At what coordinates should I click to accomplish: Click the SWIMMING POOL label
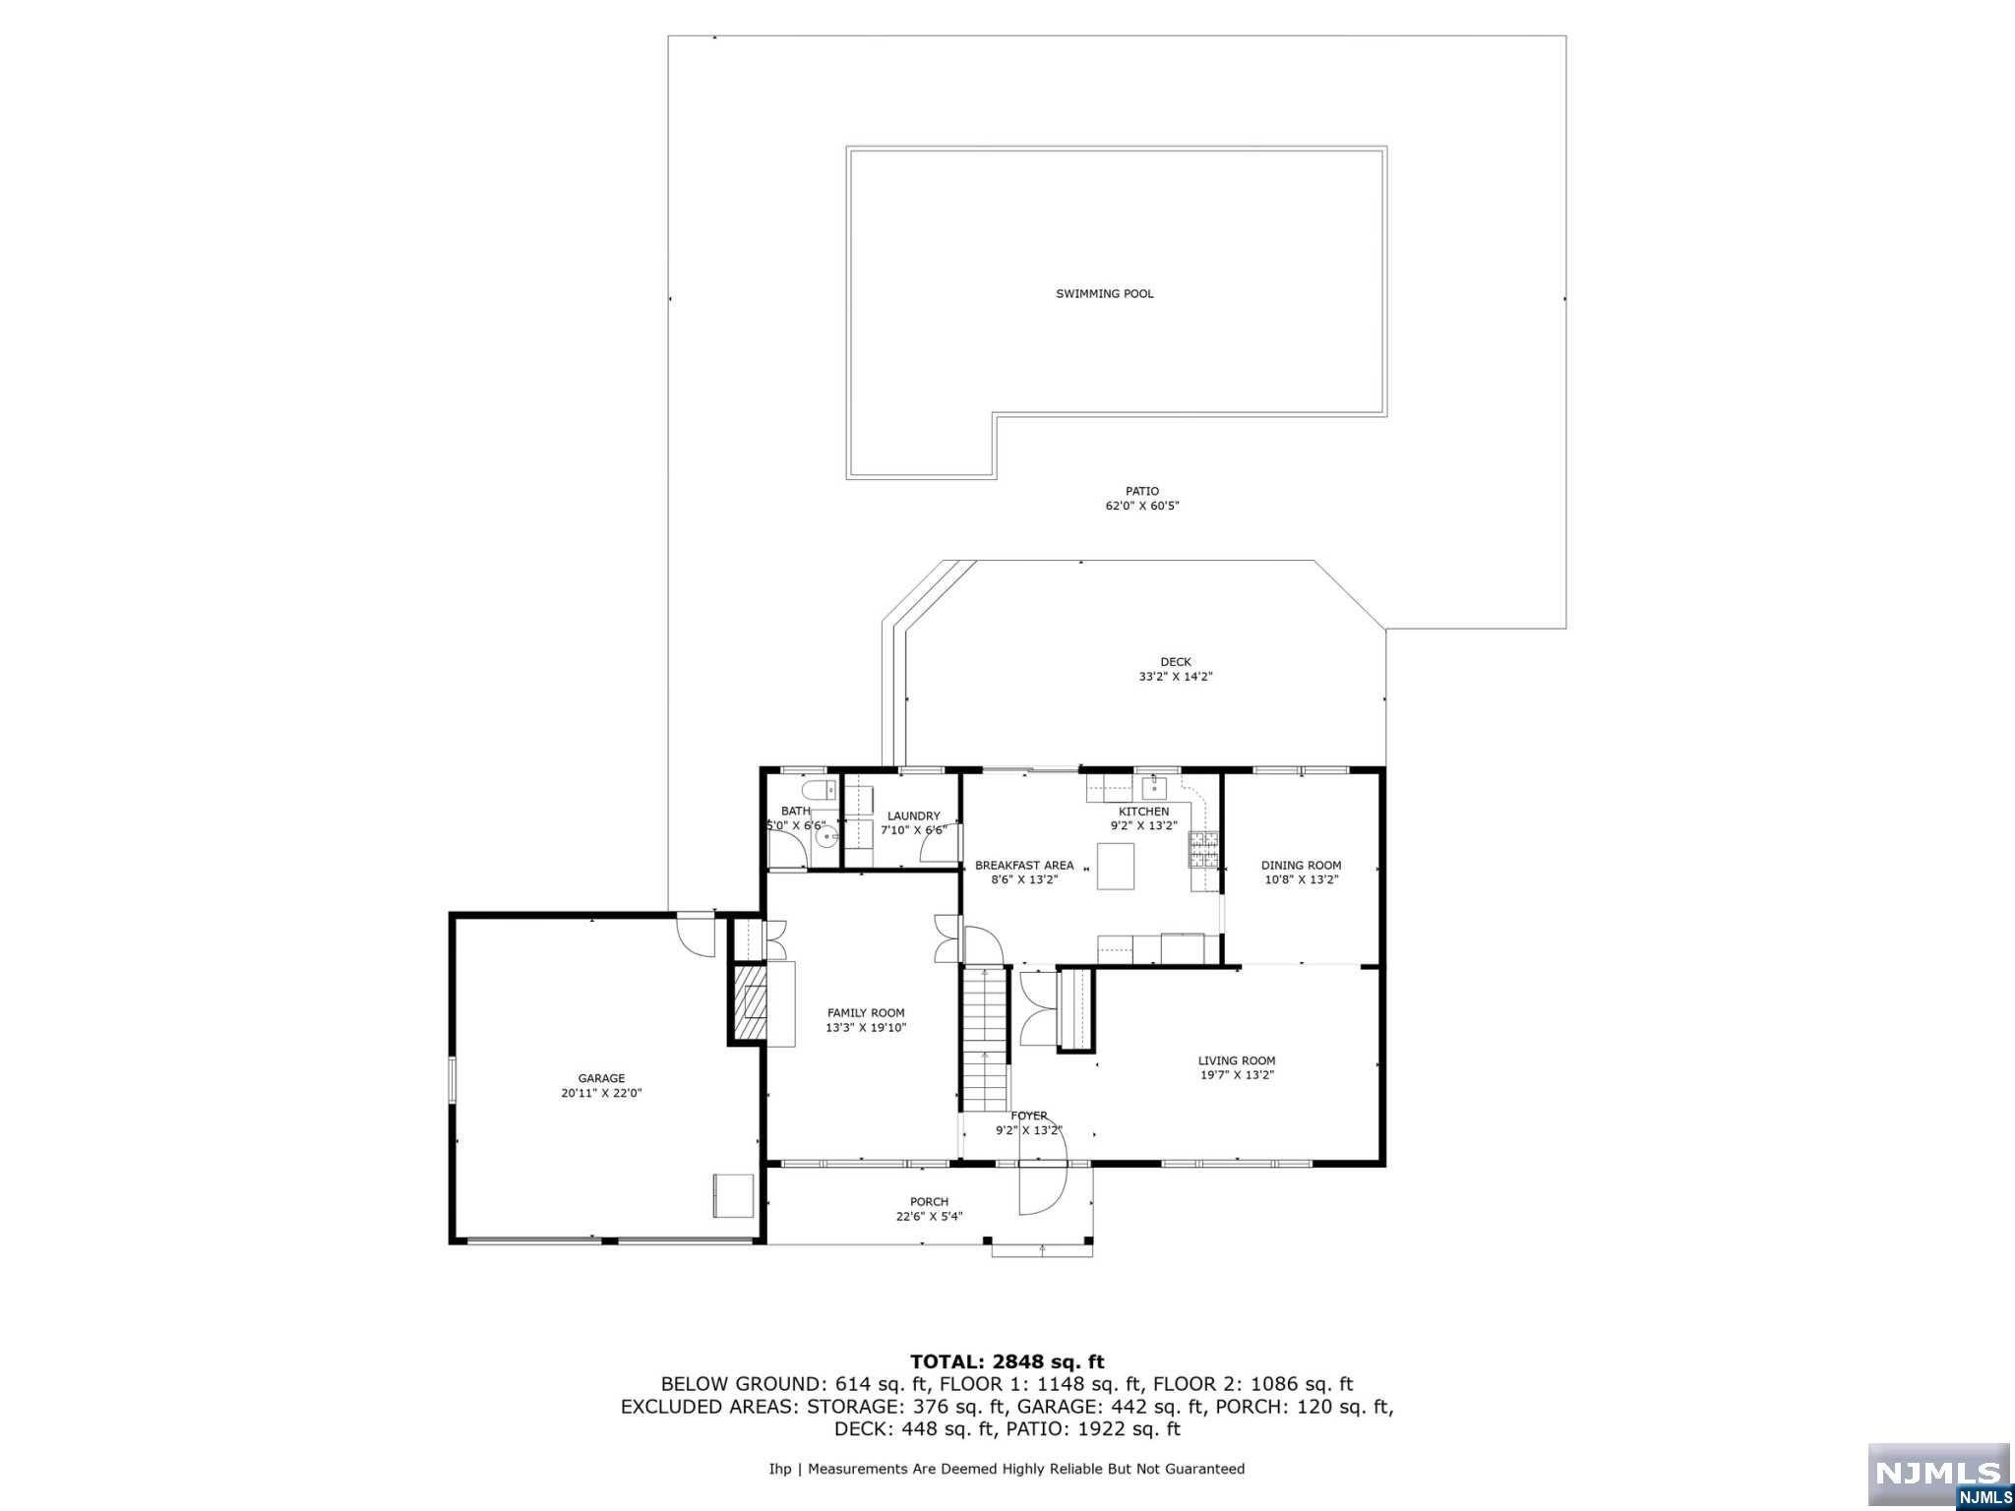click(1104, 293)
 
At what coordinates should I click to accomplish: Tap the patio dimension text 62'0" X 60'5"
click(1141, 506)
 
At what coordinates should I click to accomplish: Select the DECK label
click(1175, 662)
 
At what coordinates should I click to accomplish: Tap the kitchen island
click(1116, 866)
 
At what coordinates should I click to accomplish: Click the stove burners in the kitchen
click(1204, 851)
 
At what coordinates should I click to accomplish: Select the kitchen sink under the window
click(1154, 788)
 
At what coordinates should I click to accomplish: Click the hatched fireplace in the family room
click(750, 1003)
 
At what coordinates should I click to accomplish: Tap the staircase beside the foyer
click(986, 1040)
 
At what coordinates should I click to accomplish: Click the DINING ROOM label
click(1301, 866)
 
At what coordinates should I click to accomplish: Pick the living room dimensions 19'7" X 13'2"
click(1237, 1075)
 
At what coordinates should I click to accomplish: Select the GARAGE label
click(601, 1078)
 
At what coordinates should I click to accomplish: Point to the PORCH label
click(929, 1201)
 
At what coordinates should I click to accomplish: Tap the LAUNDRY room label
click(913, 816)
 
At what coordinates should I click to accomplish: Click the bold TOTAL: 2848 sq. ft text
click(1007, 1362)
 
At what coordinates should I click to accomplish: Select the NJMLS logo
click(1938, 1472)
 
